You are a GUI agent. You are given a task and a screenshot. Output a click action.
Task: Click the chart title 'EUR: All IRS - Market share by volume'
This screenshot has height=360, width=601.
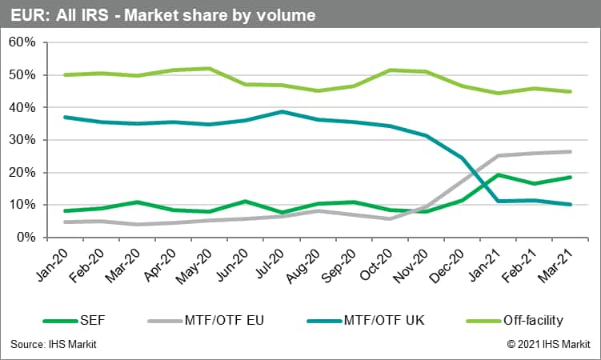[x=163, y=14]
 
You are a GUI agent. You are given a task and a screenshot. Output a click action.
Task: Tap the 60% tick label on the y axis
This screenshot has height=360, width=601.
[x=22, y=42]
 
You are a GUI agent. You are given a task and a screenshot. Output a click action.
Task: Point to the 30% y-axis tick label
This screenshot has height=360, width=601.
[x=22, y=140]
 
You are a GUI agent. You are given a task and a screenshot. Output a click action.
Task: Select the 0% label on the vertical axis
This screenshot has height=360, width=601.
[x=26, y=238]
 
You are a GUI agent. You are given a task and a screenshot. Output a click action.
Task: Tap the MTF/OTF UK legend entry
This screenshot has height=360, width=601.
[x=379, y=321]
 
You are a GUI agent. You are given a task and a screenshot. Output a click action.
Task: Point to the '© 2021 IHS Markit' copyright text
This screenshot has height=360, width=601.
[x=548, y=344]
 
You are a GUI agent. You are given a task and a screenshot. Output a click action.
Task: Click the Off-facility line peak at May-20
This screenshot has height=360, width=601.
[x=209, y=69]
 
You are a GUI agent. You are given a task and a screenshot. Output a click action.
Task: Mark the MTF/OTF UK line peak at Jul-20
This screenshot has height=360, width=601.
[x=282, y=112]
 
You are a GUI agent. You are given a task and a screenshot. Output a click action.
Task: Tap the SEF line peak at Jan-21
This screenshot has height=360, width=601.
[x=499, y=174]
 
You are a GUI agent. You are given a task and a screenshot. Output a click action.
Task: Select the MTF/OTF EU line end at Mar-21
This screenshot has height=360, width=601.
[x=571, y=151]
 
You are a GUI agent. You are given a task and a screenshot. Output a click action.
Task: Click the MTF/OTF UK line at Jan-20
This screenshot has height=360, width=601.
[x=65, y=117]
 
